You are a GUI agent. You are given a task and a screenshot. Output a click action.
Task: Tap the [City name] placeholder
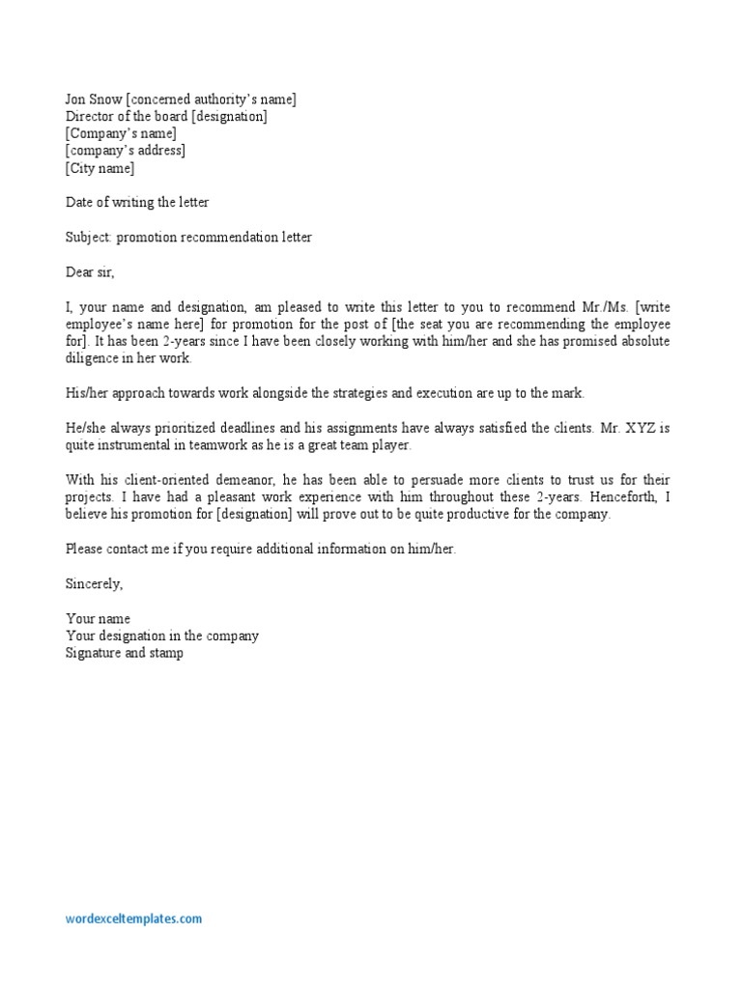(100, 168)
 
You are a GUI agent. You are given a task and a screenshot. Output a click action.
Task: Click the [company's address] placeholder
(126, 151)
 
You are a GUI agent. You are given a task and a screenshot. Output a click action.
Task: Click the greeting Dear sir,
(90, 272)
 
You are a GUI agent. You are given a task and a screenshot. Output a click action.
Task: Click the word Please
(84, 550)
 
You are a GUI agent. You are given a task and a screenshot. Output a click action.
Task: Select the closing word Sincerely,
(95, 584)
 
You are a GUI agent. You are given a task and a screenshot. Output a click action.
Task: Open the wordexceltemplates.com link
(134, 919)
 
